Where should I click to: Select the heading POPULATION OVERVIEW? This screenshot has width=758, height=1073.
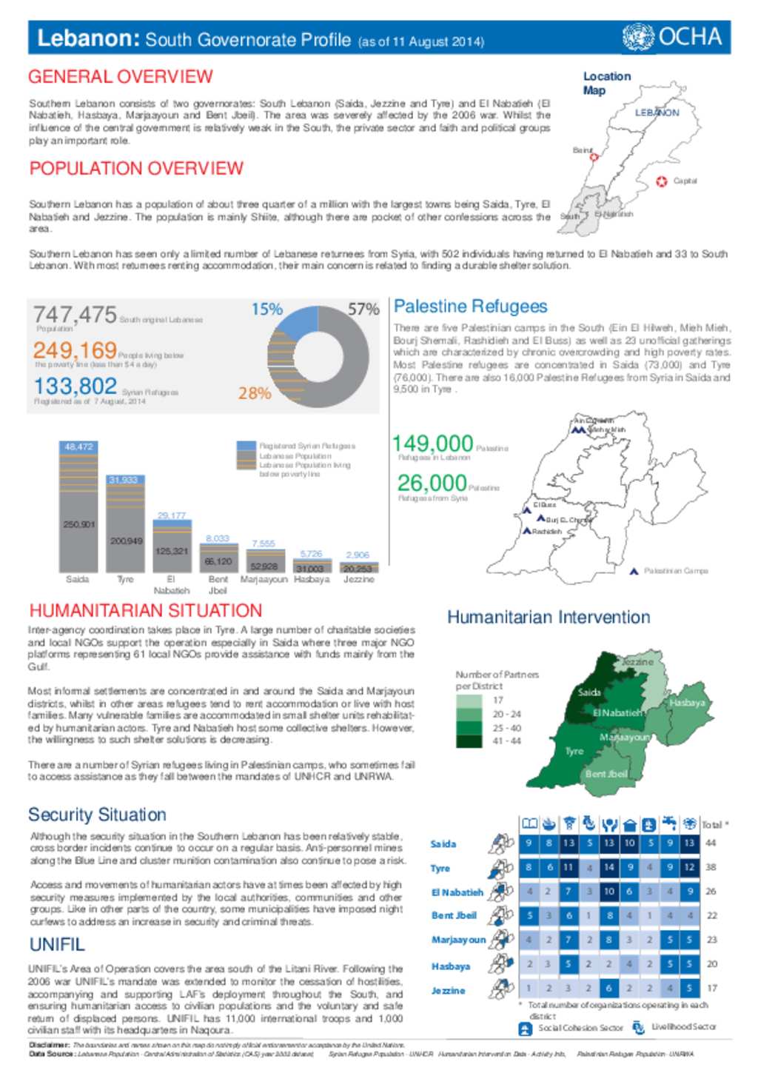136,169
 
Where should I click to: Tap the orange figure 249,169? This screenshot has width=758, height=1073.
75,350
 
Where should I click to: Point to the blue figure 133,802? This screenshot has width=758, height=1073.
75,386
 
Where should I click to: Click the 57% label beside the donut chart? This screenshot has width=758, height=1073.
363,310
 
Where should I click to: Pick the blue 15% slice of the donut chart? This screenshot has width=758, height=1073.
296,326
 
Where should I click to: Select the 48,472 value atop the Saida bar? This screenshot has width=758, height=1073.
78,447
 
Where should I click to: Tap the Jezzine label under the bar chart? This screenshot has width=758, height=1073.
358,579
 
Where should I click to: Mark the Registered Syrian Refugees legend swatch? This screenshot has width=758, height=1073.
246,446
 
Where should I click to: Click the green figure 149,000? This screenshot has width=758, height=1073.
432,444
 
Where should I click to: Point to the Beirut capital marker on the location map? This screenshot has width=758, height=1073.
594,156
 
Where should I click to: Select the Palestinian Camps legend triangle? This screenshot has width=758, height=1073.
634,571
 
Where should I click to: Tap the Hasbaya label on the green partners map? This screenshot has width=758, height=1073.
687,702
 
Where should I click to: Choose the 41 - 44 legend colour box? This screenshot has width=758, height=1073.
469,741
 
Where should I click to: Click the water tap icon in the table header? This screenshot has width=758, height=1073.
669,823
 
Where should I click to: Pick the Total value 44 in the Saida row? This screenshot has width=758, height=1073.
711,843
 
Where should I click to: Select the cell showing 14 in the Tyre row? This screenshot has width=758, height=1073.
608,867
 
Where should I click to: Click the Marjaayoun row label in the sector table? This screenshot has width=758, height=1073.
458,940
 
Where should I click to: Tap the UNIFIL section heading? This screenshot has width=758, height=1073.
57,945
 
